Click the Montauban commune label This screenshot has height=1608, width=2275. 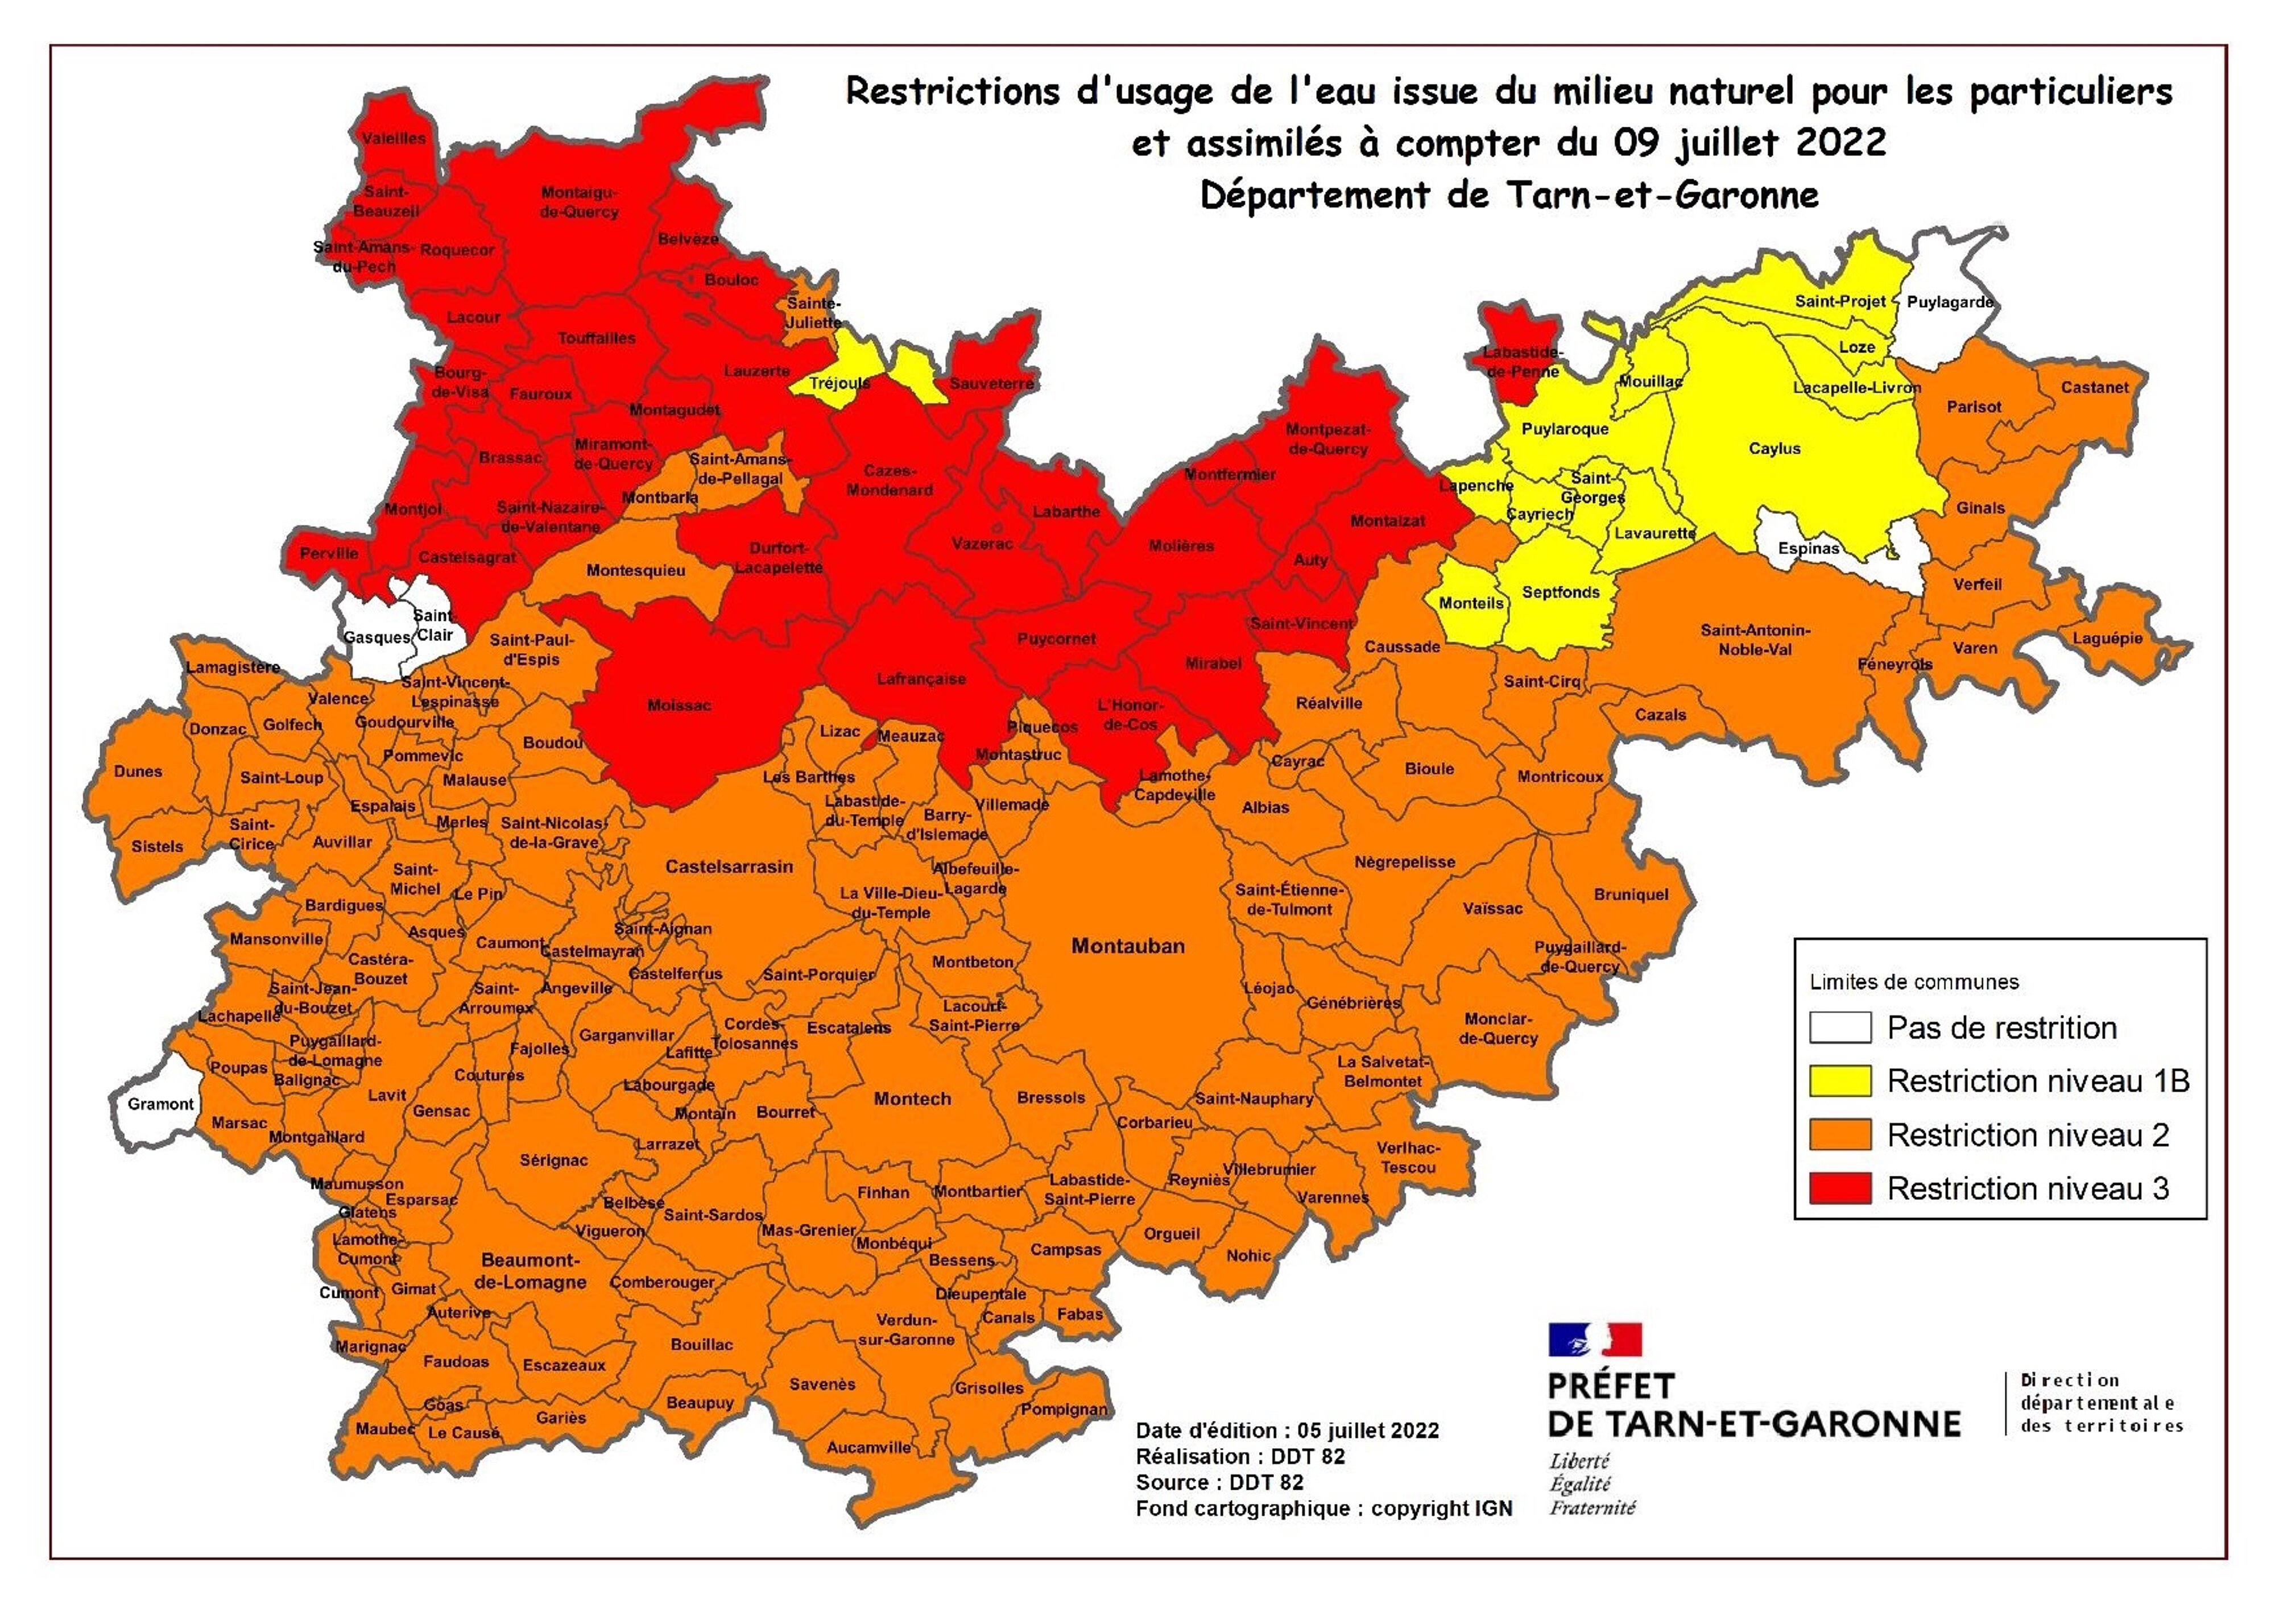click(1128, 946)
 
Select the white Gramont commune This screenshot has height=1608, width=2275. click(159, 1104)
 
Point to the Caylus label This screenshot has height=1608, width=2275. click(1773, 449)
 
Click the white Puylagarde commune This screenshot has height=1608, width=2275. click(1948, 302)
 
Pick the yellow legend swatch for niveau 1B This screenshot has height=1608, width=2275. click(1840, 1081)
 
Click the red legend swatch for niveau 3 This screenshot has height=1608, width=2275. click(1840, 1188)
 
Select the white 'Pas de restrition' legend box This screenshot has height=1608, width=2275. click(1840, 1027)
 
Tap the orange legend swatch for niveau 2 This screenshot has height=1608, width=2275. click(1840, 1134)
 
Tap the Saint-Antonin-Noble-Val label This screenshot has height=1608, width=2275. click(1755, 640)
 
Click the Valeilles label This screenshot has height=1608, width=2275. click(394, 139)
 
